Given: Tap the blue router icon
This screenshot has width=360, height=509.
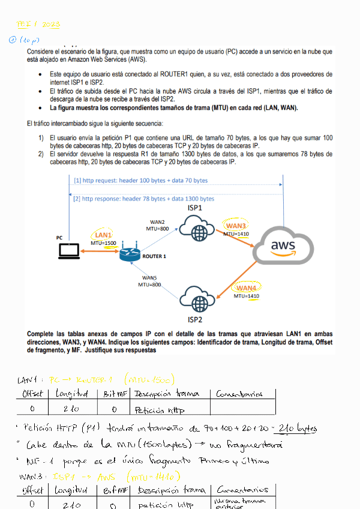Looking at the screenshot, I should pyautogui.click(x=129, y=254).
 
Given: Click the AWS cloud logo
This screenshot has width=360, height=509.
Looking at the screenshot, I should pyautogui.click(x=283, y=245).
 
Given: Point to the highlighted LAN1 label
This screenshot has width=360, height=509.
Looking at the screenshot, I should pyautogui.click(x=103, y=234).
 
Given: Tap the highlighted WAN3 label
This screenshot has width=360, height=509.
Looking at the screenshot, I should pyautogui.click(x=236, y=226).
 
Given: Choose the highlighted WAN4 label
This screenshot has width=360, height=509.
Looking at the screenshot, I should pyautogui.click(x=246, y=288).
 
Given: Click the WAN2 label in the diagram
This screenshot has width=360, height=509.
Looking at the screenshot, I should pyautogui.click(x=157, y=222).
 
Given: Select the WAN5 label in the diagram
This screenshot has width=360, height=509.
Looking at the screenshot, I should pyautogui.click(x=150, y=277).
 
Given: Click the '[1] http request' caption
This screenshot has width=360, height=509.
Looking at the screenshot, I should pyautogui.click(x=141, y=180).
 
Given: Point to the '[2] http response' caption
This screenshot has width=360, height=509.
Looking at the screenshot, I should pyautogui.click(x=144, y=199).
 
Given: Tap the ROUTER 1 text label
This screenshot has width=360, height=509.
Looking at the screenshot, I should pyautogui.click(x=154, y=256).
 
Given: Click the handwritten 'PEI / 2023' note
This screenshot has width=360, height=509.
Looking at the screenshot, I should pyautogui.click(x=38, y=25).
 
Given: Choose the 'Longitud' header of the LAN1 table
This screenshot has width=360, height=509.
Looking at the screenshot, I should pyautogui.click(x=72, y=394).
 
